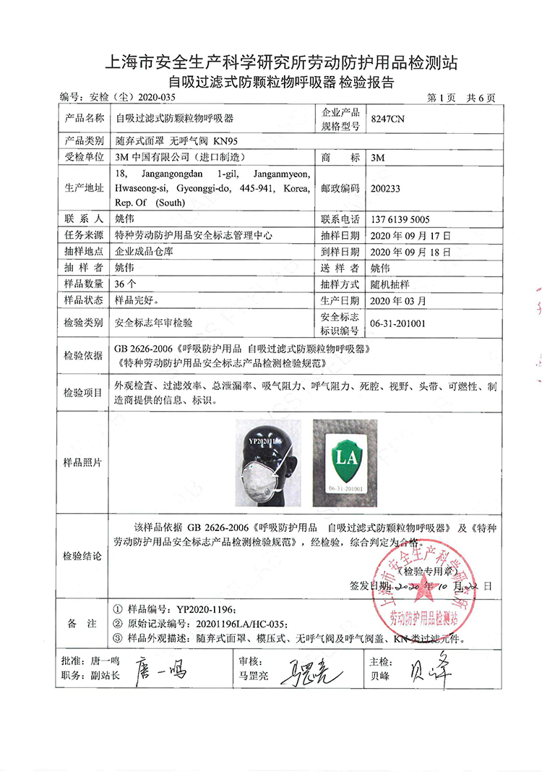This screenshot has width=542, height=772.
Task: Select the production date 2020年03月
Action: [398, 300]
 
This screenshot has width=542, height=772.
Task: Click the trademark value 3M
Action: [377, 156]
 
